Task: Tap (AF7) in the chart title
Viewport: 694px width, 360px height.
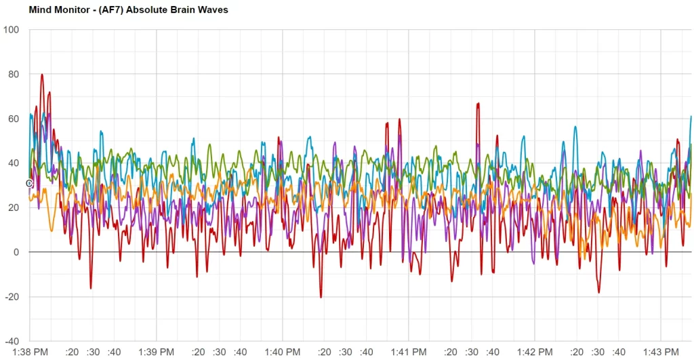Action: coord(108,10)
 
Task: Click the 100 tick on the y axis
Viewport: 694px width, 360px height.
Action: coord(12,30)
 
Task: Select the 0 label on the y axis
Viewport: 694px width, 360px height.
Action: coord(17,252)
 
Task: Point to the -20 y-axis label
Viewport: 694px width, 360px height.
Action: coord(12,297)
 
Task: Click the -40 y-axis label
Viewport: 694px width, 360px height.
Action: coord(12,341)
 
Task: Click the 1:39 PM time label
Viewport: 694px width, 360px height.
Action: coord(157,352)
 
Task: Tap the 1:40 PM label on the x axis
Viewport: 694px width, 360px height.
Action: coord(283,352)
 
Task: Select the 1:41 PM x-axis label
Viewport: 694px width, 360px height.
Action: coord(409,352)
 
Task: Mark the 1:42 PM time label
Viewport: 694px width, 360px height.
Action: coord(535,352)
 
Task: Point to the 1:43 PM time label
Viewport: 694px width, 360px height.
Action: coord(661,352)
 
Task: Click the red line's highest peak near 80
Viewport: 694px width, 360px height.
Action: coord(42,75)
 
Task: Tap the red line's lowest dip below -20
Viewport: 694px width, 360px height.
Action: coord(321,297)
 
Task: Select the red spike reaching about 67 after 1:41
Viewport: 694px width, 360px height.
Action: coord(478,104)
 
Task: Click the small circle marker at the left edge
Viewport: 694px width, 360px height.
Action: coord(29,184)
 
